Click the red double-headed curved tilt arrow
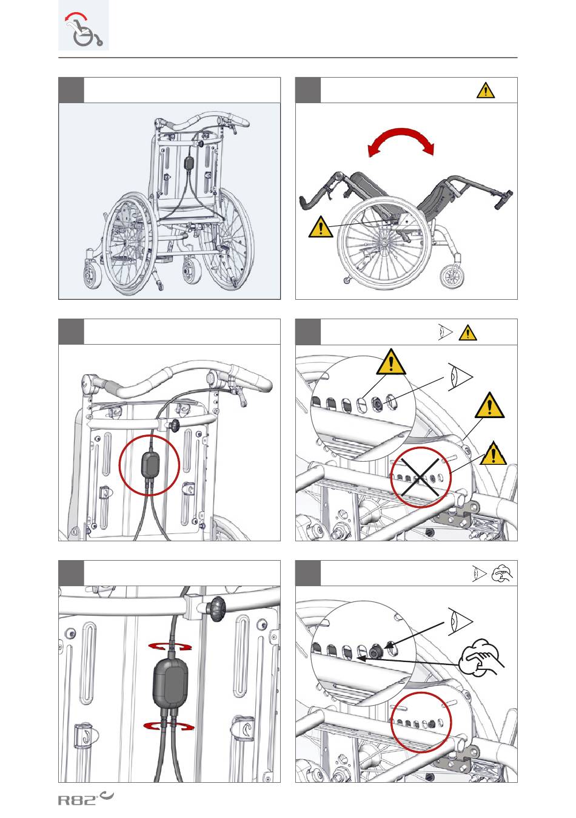[401, 140]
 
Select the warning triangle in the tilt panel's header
[486, 90]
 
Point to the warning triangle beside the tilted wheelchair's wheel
[320, 227]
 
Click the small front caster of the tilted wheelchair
[453, 277]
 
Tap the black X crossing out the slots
[420, 477]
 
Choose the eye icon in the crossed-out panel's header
[446, 332]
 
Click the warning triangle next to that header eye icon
[467, 333]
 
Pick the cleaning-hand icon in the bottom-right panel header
[502, 573]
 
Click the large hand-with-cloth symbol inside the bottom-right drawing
[480, 657]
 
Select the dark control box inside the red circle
[149, 464]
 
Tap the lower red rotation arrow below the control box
[169, 726]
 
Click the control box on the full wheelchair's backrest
[190, 163]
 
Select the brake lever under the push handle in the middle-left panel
[240, 397]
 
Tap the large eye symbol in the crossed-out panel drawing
[460, 377]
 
